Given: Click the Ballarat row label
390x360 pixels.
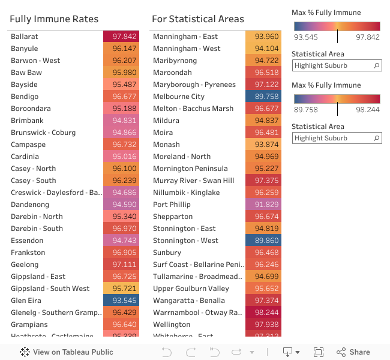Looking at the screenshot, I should [25, 37].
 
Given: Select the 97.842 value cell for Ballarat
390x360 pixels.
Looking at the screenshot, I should [121, 37].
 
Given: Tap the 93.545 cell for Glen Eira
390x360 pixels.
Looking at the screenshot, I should [121, 301].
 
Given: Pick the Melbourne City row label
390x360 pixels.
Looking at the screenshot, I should [179, 97].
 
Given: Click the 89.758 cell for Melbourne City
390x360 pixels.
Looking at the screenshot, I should [263, 97].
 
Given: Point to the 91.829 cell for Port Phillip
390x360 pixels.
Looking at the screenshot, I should [263, 205].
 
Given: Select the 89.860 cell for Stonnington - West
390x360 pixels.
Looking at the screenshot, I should [263, 241].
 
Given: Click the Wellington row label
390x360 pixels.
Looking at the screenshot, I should [172, 325].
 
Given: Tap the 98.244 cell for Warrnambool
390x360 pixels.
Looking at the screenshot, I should [263, 313].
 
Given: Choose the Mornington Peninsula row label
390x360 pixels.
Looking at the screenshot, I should [190, 169].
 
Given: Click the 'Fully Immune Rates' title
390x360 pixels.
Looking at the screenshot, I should [54, 19].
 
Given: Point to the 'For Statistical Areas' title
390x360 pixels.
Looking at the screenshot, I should [198, 19].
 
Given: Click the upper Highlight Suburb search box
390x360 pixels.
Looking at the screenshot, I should [333, 65].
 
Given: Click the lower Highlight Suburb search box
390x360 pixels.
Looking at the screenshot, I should [333, 138].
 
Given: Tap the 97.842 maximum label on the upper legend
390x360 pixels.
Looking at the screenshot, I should [368, 37].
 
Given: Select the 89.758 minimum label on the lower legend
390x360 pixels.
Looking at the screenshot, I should [305, 110].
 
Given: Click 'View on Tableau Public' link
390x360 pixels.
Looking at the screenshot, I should [67, 352].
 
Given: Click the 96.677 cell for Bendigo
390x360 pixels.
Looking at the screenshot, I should [121, 97].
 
